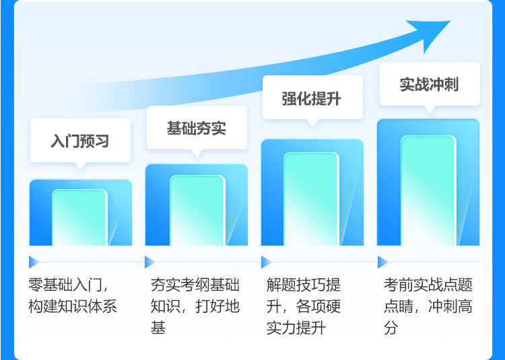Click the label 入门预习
[80, 141]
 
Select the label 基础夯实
[197, 128]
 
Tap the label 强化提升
[312, 98]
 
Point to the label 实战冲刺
[429, 84]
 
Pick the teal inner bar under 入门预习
[79, 217]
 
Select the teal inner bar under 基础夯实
[197, 211]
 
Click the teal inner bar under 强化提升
[311, 199]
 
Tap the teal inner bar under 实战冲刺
[428, 191]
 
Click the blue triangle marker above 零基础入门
[34, 262]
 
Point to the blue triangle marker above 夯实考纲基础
[149, 262]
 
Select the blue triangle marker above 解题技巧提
[267, 262]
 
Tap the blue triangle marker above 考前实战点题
[382, 262]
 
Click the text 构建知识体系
[73, 306]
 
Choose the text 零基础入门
[65, 285]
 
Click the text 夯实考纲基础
[195, 285]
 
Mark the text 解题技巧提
[304, 285]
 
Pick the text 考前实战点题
[428, 285]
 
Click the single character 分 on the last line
[391, 328]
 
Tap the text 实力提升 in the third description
[296, 328]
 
